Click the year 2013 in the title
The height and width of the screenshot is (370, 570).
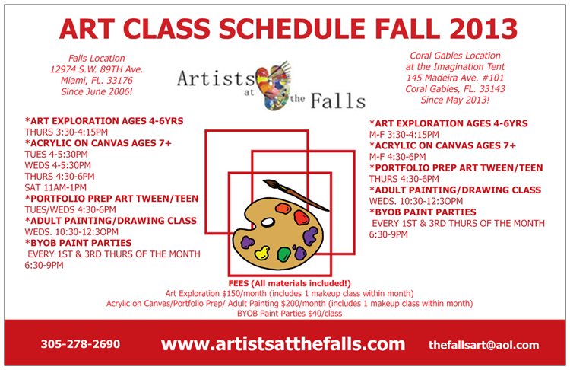tap(473, 27)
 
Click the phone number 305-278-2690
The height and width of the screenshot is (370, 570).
tap(80, 344)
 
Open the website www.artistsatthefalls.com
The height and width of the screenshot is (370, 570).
tap(283, 344)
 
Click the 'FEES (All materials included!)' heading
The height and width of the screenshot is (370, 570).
tap(289, 282)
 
